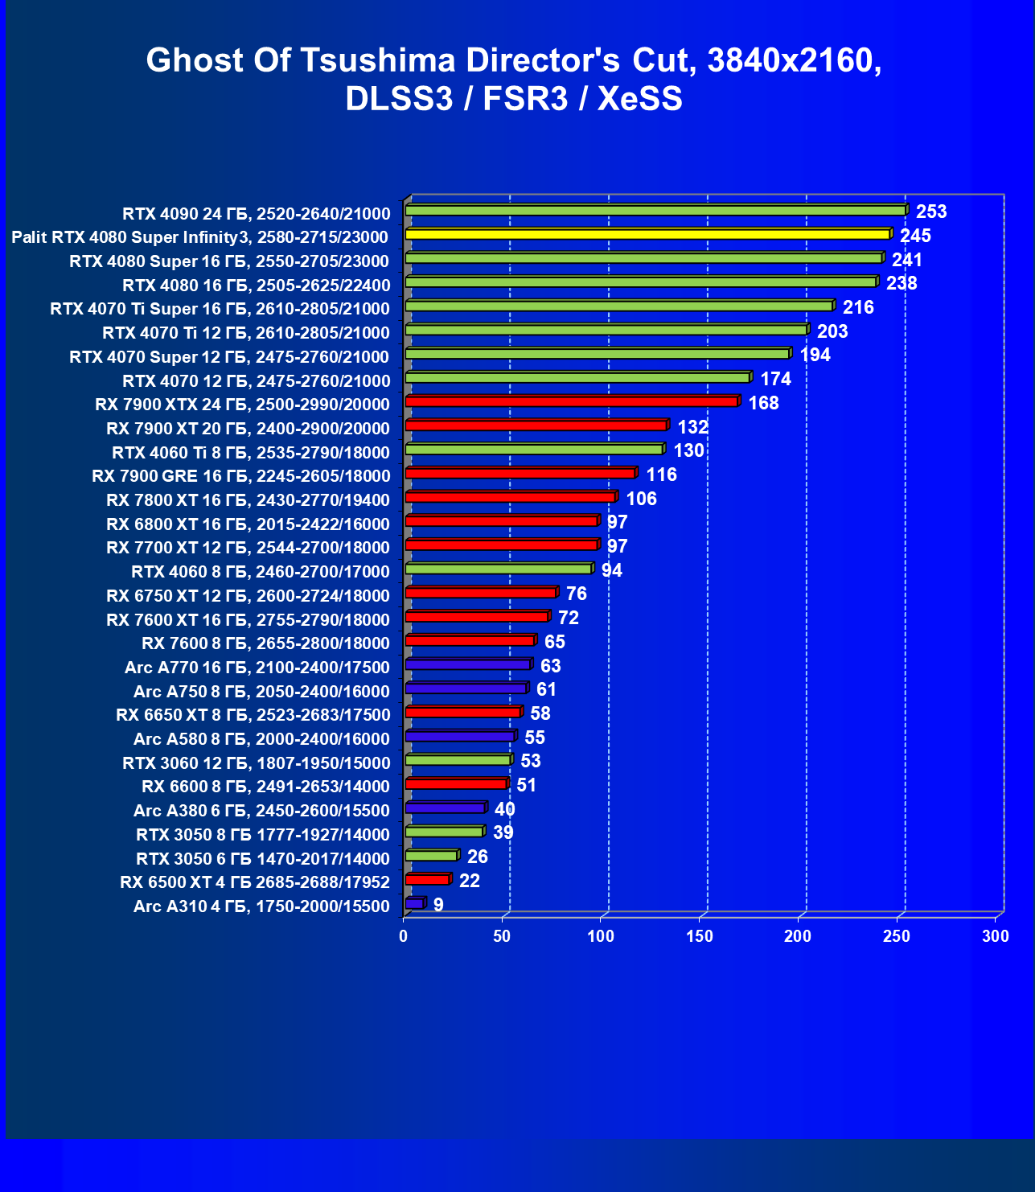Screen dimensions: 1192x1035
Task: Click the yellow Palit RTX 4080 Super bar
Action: click(647, 234)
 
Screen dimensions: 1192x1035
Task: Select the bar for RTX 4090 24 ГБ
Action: click(655, 211)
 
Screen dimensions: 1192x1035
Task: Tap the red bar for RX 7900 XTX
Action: click(571, 401)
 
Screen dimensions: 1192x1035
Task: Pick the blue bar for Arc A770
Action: click(467, 664)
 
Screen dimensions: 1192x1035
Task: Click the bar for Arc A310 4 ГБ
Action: click(414, 903)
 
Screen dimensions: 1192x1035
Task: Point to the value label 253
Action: click(931, 212)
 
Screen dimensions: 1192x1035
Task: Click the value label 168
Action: click(763, 403)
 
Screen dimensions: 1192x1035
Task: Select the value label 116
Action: click(661, 475)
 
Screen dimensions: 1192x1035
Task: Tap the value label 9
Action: click(438, 905)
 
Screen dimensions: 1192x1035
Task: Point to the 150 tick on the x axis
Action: click(700, 936)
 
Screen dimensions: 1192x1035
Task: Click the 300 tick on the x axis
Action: click(996, 936)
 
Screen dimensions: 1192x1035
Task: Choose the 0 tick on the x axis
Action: click(404, 936)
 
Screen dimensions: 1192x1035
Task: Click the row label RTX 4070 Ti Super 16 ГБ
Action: click(220, 309)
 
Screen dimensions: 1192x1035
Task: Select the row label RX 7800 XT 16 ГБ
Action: click(248, 500)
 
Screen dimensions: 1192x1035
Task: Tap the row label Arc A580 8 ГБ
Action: click(261, 739)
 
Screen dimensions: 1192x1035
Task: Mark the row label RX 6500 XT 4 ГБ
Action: click(255, 882)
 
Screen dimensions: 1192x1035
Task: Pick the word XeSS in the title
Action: click(639, 99)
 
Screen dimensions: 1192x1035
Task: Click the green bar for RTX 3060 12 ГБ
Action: click(458, 760)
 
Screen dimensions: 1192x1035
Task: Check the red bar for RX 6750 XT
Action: click(480, 593)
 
